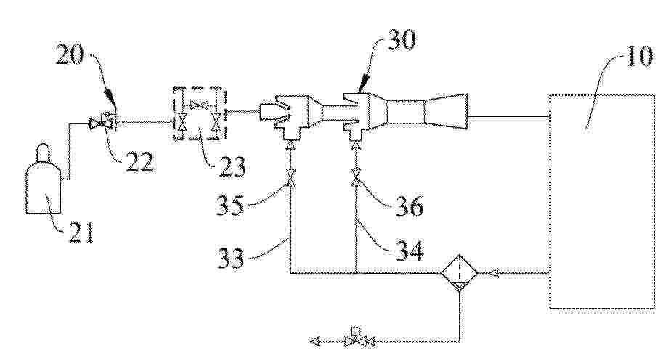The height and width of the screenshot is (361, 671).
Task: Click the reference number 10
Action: [x=639, y=56]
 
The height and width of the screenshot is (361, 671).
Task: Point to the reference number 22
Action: [x=139, y=162]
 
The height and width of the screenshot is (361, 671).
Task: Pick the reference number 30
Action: [x=401, y=41]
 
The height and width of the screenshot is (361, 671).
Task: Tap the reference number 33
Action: [x=231, y=259]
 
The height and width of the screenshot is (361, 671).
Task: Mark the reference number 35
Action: [x=230, y=205]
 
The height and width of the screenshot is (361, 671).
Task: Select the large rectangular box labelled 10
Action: [x=602, y=201]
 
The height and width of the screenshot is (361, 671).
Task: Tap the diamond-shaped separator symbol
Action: [x=459, y=272]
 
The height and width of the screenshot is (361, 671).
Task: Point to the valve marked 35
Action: [x=290, y=177]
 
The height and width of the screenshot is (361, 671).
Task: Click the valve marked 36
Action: [x=356, y=177]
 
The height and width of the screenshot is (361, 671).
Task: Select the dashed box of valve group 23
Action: [x=199, y=113]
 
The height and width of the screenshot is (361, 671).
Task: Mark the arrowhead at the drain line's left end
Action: [x=315, y=341]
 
